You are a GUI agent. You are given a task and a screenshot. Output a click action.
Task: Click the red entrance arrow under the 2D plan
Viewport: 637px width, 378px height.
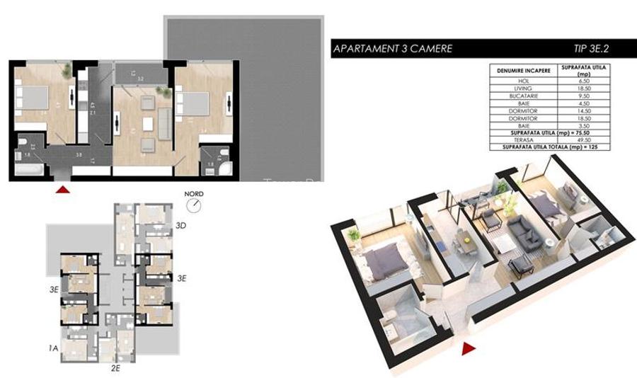pyautogui.click(x=63, y=189)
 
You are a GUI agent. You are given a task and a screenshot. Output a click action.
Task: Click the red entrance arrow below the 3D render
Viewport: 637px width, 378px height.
pyautogui.click(x=467, y=348)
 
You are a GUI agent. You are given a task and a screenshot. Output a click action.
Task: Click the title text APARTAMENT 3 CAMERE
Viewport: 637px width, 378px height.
pyautogui.click(x=392, y=50)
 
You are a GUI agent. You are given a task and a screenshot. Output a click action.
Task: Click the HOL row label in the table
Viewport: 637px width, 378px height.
pyautogui.click(x=524, y=81)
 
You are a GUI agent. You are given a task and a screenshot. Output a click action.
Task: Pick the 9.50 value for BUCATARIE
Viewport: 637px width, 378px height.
pyautogui.click(x=584, y=95)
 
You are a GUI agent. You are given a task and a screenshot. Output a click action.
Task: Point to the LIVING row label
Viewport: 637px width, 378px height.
pyautogui.click(x=524, y=88)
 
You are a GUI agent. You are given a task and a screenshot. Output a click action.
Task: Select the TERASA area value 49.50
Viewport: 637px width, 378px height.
pyautogui.click(x=584, y=140)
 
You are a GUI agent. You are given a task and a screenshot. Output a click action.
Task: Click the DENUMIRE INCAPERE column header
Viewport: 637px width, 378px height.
pyautogui.click(x=524, y=71)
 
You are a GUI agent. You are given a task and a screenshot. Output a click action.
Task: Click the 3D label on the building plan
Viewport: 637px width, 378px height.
pyautogui.click(x=180, y=226)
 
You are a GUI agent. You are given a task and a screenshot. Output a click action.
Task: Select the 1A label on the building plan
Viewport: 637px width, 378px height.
pyautogui.click(x=53, y=348)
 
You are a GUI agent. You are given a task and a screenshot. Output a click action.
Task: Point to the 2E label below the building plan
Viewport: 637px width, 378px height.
pyautogui.click(x=116, y=368)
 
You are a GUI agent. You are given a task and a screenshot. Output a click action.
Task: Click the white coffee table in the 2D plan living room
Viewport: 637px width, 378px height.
pyautogui.click(x=147, y=124)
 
